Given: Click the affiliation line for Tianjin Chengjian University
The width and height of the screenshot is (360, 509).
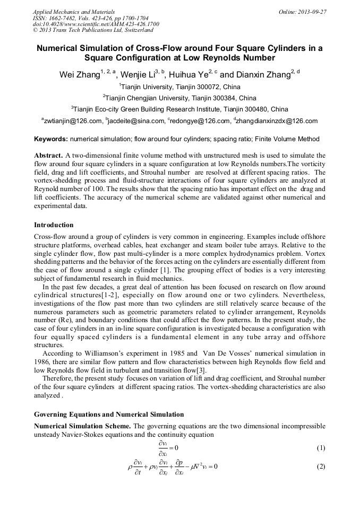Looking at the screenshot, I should click(x=179, y=98).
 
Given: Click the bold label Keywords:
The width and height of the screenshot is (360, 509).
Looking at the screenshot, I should click(x=50, y=139).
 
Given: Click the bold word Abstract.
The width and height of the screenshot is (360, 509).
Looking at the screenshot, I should click(x=48, y=156).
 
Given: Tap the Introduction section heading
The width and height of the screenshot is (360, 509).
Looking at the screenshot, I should click(x=54, y=225).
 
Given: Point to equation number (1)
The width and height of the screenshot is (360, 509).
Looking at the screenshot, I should click(x=320, y=448).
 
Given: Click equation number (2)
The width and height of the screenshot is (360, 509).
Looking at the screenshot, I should click(x=320, y=467).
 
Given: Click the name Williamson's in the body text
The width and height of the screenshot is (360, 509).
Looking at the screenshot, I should click(x=99, y=353).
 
